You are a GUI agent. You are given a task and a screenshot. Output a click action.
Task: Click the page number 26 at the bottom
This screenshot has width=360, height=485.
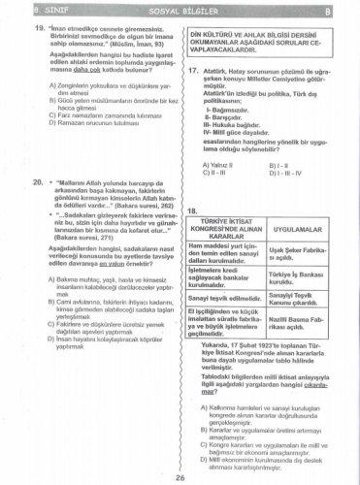coord(180,476)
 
